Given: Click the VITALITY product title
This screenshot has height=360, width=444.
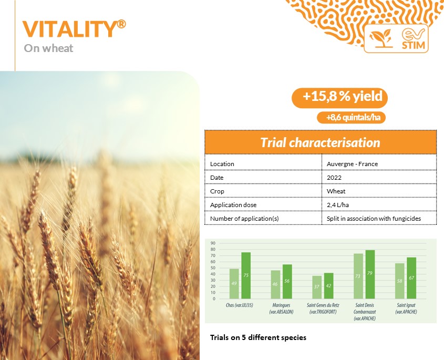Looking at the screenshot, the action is pos(74,28).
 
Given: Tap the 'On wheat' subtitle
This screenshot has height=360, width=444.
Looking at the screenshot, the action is pos(48,48).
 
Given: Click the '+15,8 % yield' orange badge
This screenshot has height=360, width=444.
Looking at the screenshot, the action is pos(339,98).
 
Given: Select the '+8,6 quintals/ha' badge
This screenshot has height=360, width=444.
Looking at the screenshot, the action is pos(351,118).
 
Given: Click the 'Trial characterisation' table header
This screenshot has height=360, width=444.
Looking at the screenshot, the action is pos(320,142).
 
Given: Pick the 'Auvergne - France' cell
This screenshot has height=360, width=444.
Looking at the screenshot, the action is pos(352,164).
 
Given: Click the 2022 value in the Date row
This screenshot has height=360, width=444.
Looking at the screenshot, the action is pos(334,178).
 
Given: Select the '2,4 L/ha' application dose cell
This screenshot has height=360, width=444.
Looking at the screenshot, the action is pos(337,205).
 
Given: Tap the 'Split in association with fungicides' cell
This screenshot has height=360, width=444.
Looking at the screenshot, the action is pos(374,219).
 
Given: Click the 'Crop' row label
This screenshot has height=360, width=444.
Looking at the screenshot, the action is pos(217,191).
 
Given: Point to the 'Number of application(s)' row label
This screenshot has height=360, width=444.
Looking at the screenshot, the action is pos(244,219).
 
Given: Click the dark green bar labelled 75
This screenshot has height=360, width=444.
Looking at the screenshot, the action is pos(246,275).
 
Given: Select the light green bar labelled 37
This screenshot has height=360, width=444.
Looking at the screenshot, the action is pos(317,287).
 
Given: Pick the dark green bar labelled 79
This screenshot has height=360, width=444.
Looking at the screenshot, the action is pos(370,274).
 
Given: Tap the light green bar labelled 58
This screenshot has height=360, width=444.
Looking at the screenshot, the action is pos(399,281).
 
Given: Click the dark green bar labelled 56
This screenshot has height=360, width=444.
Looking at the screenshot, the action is pos(287,282).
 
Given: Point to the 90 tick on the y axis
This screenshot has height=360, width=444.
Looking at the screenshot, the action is pos(213,243).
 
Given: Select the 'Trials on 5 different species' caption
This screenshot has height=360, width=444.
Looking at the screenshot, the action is pos(258,337).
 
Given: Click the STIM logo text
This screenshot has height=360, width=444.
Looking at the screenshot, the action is pos(414,45).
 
